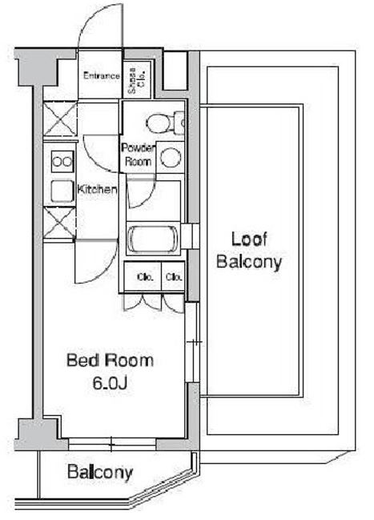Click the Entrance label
102,75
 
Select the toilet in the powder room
165,123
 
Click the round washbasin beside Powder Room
171,157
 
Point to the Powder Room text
138,155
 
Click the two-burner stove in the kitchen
62,162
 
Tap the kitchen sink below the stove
62,191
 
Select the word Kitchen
97,190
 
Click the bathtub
153,238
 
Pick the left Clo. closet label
145,277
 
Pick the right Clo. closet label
174,277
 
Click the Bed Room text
110,361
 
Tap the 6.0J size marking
110,383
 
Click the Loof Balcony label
249,251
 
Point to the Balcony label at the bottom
100,472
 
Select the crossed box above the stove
60,119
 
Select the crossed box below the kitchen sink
59,223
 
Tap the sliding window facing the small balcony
112,444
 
